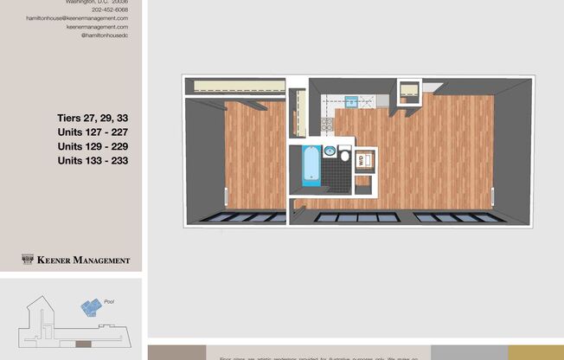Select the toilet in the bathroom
point(344,157)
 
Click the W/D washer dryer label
point(362,159)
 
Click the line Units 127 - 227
point(93,133)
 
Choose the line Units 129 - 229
point(93,146)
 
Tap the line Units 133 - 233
point(93,159)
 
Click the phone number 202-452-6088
point(109,10)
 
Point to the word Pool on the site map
point(109,302)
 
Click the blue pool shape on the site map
point(90,306)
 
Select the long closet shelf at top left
point(239,85)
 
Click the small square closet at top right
point(408,89)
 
